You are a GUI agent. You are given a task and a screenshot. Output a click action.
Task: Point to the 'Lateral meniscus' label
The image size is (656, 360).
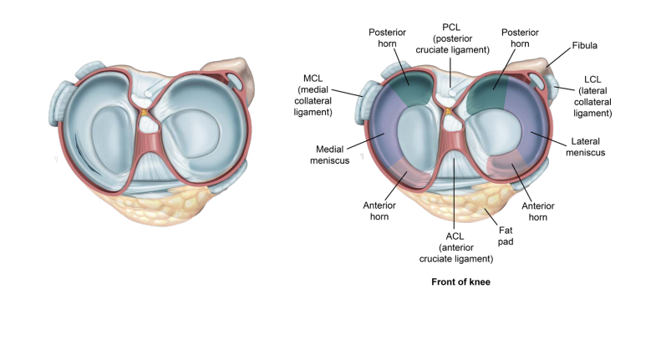(587, 147)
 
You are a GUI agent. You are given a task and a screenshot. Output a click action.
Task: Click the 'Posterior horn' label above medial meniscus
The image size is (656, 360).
(388, 38)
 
